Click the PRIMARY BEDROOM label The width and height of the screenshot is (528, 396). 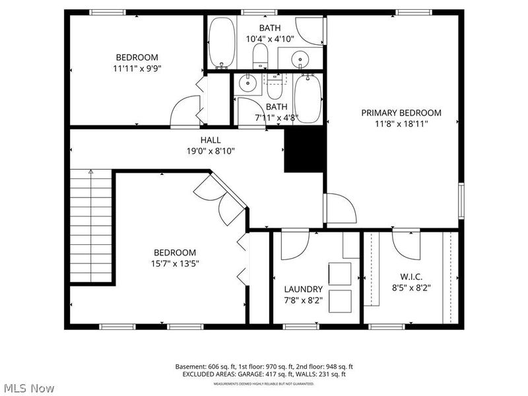[401, 113]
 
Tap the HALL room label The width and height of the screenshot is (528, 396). [211, 140]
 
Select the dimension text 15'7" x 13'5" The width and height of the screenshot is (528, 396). [174, 263]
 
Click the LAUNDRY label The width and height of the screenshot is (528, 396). [303, 289]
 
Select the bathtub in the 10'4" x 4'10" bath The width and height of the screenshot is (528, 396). [222, 43]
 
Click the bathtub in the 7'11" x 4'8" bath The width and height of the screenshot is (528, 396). [307, 100]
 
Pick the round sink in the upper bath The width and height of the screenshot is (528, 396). [300, 59]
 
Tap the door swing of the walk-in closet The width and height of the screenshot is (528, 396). [407, 244]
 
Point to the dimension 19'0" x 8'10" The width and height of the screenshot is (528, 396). [211, 150]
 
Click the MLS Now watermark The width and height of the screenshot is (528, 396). [29, 388]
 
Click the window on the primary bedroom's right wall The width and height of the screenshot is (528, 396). [461, 202]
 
